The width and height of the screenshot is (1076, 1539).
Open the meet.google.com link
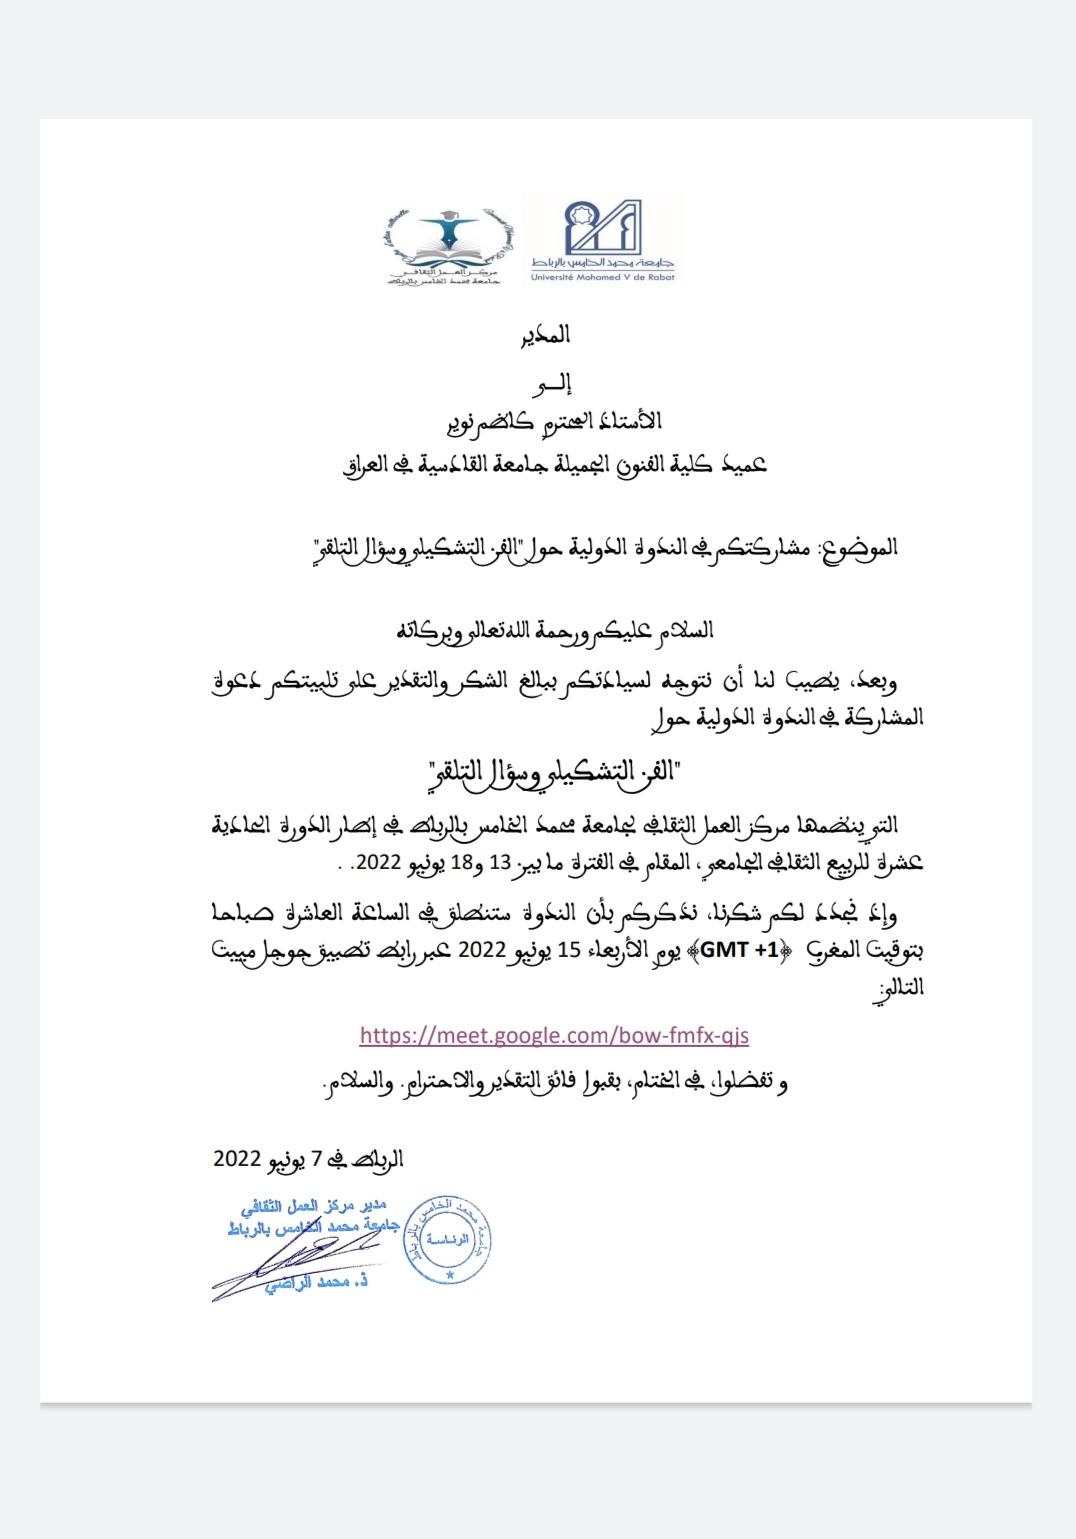(x=554, y=1036)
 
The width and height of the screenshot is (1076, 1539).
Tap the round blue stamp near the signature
(x=448, y=1239)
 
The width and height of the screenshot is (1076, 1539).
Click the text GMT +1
(x=739, y=950)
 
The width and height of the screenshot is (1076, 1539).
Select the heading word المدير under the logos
(x=545, y=335)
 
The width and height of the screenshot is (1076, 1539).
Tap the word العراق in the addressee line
(x=364, y=465)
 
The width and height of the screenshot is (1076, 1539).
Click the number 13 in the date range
(x=500, y=863)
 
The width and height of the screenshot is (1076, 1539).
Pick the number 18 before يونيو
(x=461, y=863)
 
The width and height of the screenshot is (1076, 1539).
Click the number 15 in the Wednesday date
(x=569, y=950)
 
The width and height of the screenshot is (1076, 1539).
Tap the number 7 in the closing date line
(x=316, y=1159)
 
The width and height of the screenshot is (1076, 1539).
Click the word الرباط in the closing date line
(x=378, y=1160)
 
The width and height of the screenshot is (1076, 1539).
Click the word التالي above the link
(x=899, y=988)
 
